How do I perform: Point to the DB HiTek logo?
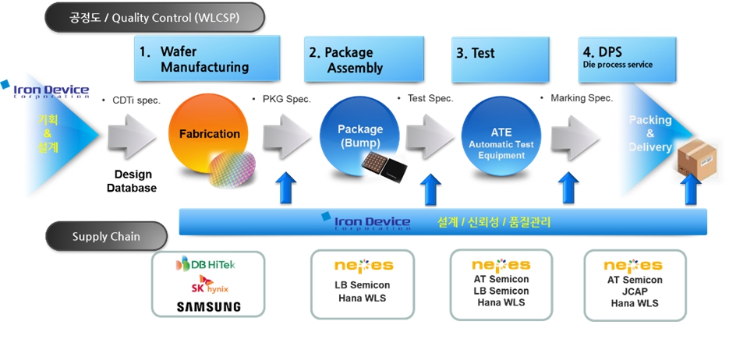[x=207, y=265]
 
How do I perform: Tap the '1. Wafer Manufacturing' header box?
[x=207, y=59]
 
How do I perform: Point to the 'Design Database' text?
[x=133, y=181]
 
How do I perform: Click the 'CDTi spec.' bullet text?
[x=133, y=99]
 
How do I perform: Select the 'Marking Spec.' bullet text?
[x=580, y=99]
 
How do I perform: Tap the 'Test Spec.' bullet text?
[x=428, y=99]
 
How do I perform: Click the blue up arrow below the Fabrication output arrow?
[x=287, y=189]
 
